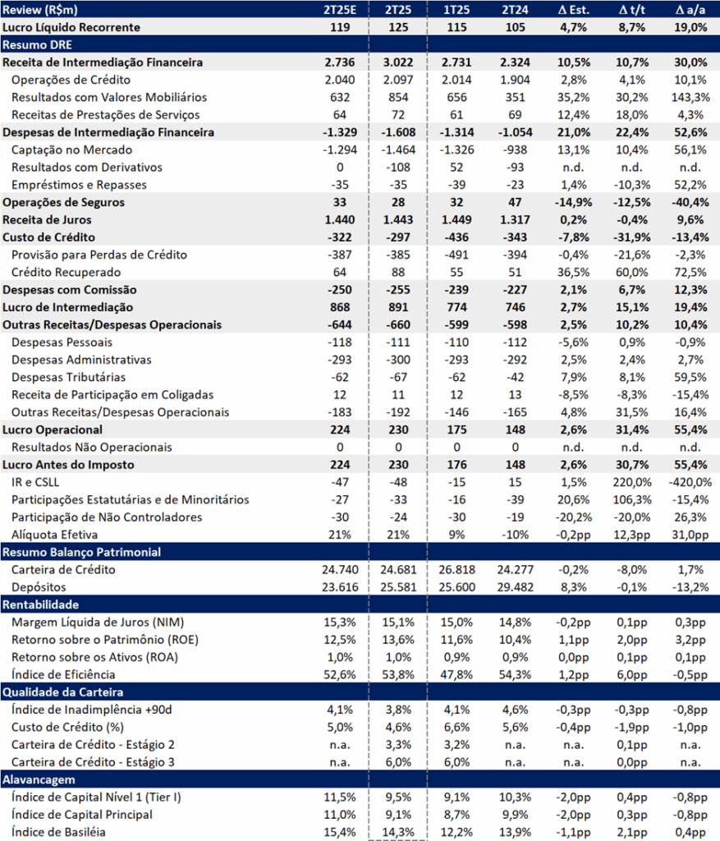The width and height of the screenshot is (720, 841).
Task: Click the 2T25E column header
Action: [x=340, y=10]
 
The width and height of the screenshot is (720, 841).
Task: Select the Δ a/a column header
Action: [x=690, y=10]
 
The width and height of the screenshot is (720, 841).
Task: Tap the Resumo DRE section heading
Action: [x=37, y=44]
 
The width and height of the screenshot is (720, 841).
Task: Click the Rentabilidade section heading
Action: [x=41, y=604]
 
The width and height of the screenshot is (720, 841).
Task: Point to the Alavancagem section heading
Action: [x=39, y=779]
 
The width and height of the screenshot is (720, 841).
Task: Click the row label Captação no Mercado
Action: [x=72, y=149]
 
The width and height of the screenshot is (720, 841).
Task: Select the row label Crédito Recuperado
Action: [x=66, y=272]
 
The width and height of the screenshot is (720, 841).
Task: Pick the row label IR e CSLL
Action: [x=35, y=482]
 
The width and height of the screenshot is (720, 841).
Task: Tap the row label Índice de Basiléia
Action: [x=58, y=832]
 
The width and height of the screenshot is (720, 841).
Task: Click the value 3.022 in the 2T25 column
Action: [x=398, y=62]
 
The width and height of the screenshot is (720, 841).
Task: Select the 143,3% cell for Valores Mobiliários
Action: [x=690, y=97]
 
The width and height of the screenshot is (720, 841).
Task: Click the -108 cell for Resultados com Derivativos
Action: [x=398, y=168]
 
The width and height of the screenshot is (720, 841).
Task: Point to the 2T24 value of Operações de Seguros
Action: [x=516, y=202]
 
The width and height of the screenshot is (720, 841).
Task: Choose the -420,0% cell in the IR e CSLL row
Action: [x=690, y=482]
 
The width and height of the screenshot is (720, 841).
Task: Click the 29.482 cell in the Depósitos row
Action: [x=516, y=587]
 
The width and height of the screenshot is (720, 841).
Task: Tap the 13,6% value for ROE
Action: [x=398, y=640]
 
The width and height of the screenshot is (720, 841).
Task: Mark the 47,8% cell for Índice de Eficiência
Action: [x=456, y=675]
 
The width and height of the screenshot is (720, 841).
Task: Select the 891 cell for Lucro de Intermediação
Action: [x=398, y=307]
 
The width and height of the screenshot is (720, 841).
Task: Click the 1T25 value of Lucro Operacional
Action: [x=456, y=430]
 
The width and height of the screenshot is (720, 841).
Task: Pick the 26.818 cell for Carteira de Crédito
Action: [x=456, y=570]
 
